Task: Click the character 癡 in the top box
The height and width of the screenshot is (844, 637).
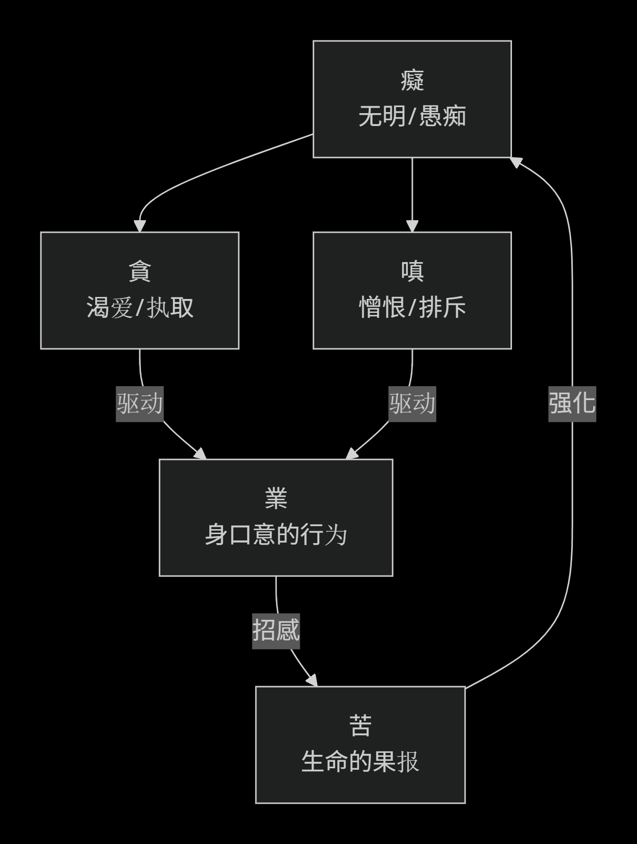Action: point(412,81)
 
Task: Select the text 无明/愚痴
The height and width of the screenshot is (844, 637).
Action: point(412,117)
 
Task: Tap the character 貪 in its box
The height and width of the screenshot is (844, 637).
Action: point(139,272)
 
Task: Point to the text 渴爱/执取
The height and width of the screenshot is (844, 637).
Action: point(139,307)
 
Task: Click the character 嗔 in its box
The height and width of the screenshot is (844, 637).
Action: point(412,272)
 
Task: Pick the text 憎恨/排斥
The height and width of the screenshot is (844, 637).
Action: point(412,307)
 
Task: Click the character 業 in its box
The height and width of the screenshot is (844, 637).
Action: point(276,499)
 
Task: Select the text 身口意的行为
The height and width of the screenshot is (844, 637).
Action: point(276,535)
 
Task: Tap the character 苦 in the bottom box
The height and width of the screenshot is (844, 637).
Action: point(360,726)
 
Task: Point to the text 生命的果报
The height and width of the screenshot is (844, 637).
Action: point(360,762)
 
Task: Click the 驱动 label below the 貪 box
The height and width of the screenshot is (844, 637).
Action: point(139,404)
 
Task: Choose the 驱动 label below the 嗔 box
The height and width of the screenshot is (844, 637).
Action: point(412,404)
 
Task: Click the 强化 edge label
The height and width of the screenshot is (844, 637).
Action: point(572,404)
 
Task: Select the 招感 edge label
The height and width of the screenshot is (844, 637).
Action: point(276,631)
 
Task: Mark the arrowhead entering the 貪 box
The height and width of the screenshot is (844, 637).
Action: point(140,226)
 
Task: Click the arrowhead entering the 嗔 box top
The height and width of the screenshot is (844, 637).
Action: point(412,226)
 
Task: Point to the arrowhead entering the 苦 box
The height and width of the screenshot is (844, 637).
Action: point(313,681)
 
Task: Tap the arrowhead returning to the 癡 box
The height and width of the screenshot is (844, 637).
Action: point(516,161)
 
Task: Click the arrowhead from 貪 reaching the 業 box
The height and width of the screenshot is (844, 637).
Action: point(201,454)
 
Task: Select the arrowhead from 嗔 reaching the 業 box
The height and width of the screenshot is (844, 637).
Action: point(352,454)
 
